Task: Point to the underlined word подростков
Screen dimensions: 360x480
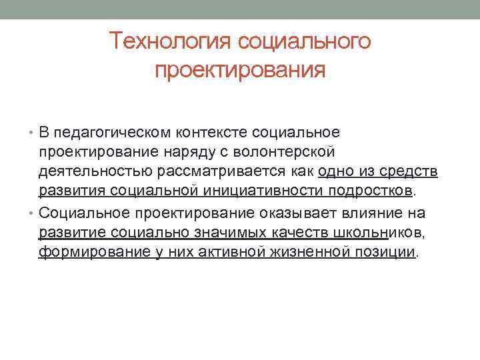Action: pyautogui.click(x=371, y=193)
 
